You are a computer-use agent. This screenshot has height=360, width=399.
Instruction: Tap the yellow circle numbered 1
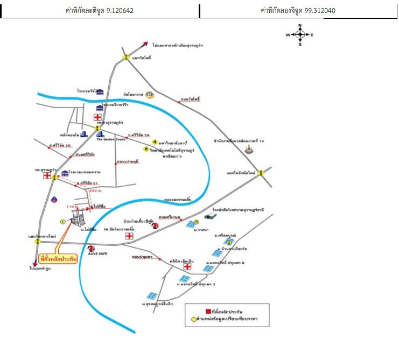click(62, 221)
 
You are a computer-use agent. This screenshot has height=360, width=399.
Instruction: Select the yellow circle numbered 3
click(197, 222)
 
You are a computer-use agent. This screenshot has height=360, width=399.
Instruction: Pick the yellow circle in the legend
click(194, 320)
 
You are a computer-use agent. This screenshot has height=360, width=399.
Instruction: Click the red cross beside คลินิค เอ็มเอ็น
click(187, 267)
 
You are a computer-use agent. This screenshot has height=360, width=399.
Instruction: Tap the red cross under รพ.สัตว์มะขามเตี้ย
click(129, 235)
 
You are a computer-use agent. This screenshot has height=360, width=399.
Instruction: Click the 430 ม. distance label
click(96, 191)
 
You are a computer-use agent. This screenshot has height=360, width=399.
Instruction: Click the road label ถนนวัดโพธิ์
click(190, 100)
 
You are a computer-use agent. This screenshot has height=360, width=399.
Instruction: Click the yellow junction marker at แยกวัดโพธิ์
click(125, 57)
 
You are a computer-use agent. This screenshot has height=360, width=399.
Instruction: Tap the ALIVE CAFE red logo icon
click(92, 248)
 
